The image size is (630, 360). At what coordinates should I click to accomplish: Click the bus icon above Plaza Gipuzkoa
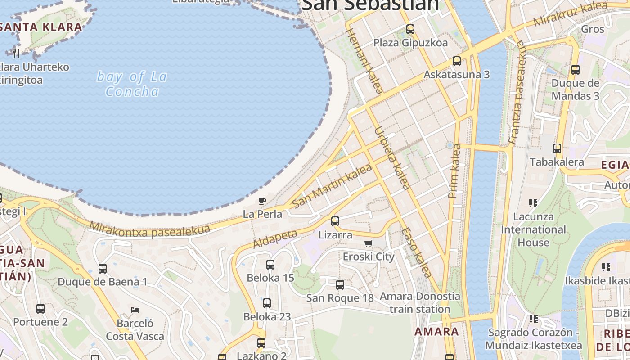point(410,29)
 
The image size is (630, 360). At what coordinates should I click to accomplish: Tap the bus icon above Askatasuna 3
point(456,61)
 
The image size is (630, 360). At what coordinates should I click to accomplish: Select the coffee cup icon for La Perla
point(262,201)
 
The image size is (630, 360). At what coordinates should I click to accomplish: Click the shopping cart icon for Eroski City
point(369,243)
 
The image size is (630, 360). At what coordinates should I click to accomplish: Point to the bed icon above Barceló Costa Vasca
point(135,310)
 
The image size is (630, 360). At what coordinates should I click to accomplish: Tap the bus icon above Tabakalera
point(557,148)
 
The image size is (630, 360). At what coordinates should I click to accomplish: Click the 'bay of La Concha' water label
point(132,84)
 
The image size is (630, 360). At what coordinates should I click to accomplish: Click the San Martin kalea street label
point(332,186)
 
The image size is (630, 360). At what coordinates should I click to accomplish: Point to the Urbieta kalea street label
point(392,158)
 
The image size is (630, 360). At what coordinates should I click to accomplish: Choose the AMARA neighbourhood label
point(436,332)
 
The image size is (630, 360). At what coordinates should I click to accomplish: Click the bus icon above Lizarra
point(335,221)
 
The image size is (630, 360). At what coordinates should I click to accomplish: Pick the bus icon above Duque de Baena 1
point(103,269)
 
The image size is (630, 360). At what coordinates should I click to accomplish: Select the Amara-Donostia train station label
point(420,303)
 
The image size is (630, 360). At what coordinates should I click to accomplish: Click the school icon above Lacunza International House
point(533,203)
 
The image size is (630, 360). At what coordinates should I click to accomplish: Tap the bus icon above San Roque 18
point(340,284)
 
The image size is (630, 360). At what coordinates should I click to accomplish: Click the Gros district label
point(593,29)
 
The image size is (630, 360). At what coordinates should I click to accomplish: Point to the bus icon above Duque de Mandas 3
point(575,70)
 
